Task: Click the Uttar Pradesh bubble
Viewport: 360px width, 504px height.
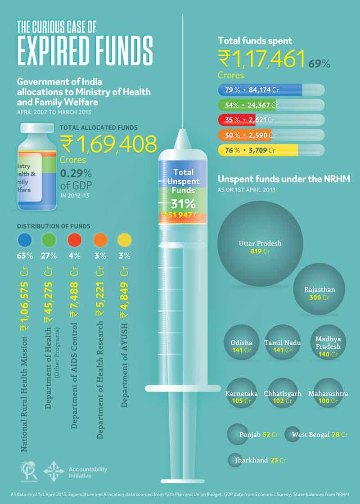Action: (x=260, y=243)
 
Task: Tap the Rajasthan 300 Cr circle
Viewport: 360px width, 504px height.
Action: (x=319, y=289)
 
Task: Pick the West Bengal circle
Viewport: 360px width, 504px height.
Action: (x=292, y=434)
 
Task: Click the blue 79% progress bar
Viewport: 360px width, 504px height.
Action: (x=259, y=90)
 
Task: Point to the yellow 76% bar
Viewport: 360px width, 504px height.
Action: (x=257, y=150)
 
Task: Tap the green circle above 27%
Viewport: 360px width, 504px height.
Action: (x=49, y=240)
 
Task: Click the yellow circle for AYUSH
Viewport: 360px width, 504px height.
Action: (x=124, y=240)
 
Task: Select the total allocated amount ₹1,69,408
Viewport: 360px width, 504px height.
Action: (x=109, y=144)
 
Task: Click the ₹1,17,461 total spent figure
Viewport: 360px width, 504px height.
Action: (x=261, y=59)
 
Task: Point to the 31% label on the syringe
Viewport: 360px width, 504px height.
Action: (x=183, y=203)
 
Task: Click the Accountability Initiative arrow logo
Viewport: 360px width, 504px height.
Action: (x=54, y=472)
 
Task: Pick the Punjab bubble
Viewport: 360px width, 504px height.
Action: (x=238, y=434)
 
